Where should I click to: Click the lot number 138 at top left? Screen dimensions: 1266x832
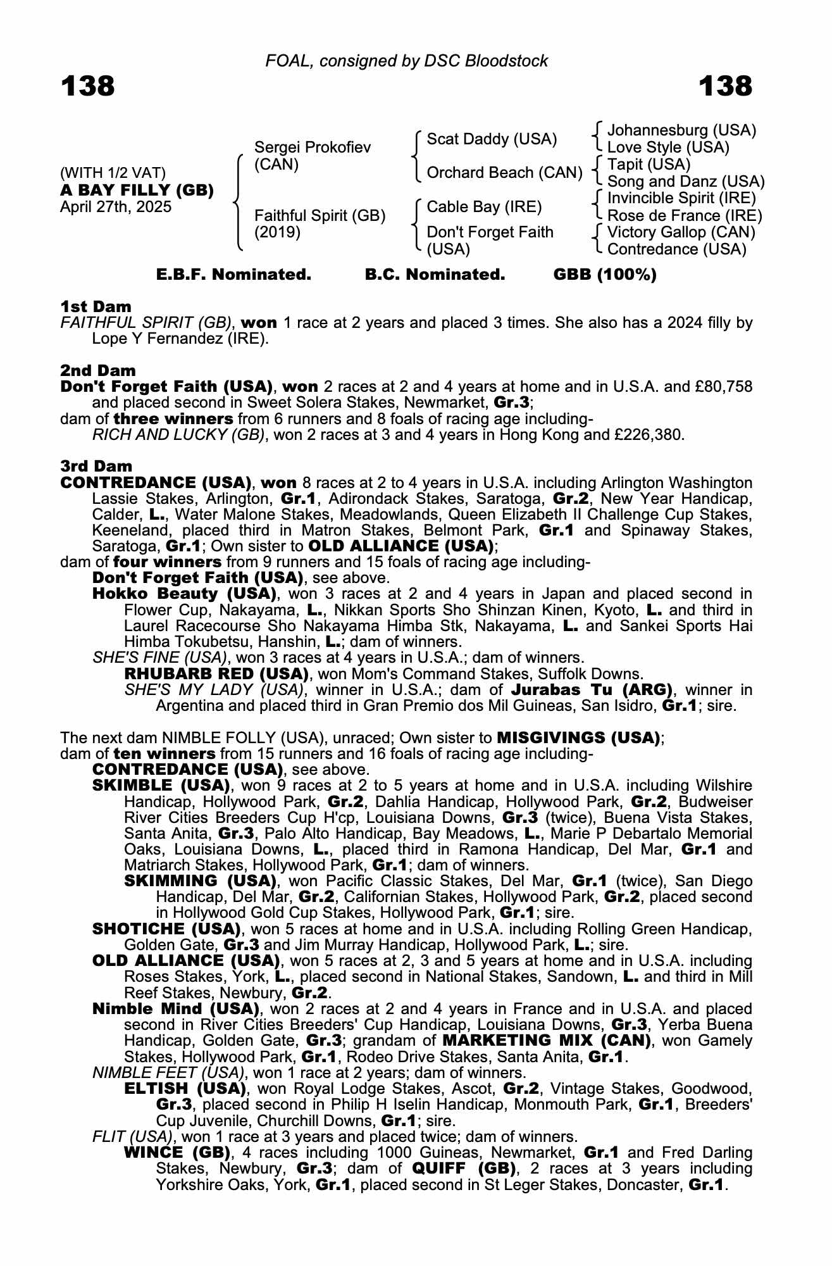pyautogui.click(x=88, y=86)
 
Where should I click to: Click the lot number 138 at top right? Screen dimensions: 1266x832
pyautogui.click(x=725, y=86)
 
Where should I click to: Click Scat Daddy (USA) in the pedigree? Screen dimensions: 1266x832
pyautogui.click(x=492, y=139)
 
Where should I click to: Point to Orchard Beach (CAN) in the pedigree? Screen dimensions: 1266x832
pyautogui.click(x=504, y=173)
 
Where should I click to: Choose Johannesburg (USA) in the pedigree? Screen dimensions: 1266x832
pyautogui.click(x=681, y=130)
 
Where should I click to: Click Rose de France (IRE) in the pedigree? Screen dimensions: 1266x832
pyautogui.click(x=685, y=215)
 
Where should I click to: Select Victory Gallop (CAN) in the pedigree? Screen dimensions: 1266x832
pyautogui.click(x=681, y=232)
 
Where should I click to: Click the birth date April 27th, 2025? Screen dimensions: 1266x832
pyautogui.click(x=115, y=207)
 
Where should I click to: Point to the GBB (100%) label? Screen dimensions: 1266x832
pyautogui.click(x=604, y=275)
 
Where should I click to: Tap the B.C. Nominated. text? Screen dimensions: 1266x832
pyautogui.click(x=435, y=275)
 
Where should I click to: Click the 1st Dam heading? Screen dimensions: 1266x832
pyautogui.click(x=96, y=307)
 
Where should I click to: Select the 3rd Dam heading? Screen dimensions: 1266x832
pyautogui.click(x=96, y=466)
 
